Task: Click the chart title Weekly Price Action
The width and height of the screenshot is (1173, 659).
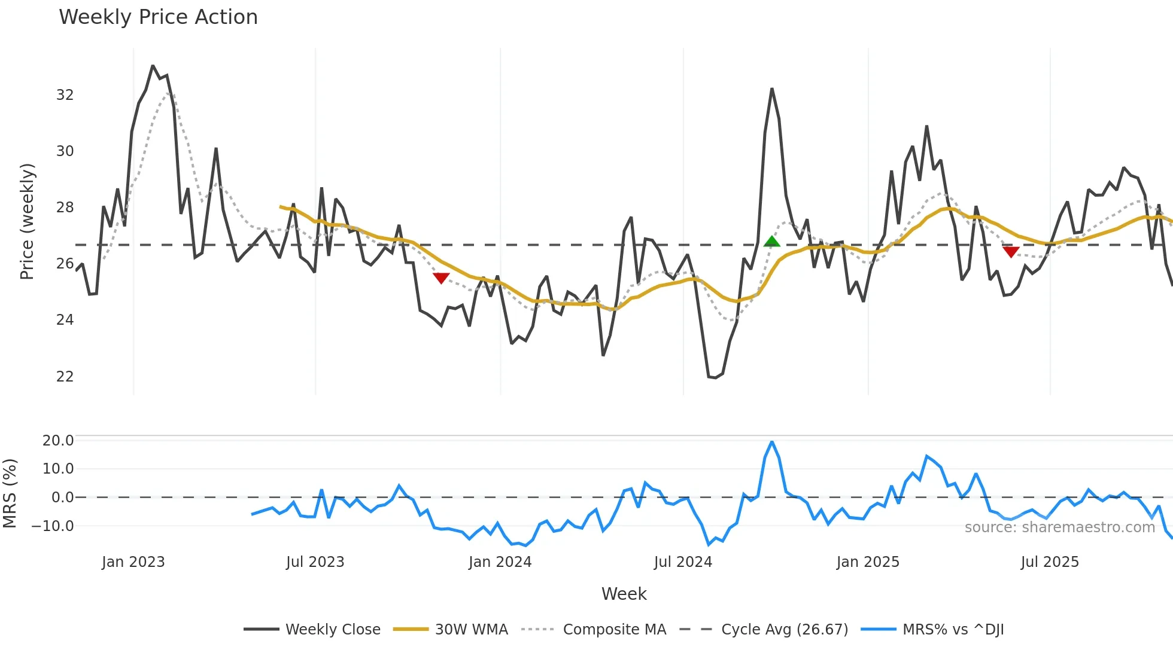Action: pyautogui.click(x=158, y=17)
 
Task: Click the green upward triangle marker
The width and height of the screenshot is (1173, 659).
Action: pyautogui.click(x=772, y=242)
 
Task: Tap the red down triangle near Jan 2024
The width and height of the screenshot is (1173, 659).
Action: pyautogui.click(x=441, y=278)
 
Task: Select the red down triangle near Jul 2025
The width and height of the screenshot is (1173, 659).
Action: pyautogui.click(x=1011, y=252)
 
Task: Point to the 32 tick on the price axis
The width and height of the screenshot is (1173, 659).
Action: pyautogui.click(x=65, y=95)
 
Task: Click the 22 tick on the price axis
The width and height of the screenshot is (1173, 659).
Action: pyautogui.click(x=65, y=377)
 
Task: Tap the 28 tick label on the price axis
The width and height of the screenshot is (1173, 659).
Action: pyautogui.click(x=65, y=208)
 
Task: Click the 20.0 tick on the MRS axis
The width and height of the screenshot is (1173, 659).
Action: pyautogui.click(x=58, y=441)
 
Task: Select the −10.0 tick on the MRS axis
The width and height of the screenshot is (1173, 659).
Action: pyautogui.click(x=53, y=526)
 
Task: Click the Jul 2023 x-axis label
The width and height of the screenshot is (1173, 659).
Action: pyautogui.click(x=315, y=562)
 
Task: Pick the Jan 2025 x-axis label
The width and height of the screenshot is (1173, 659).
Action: pyautogui.click(x=867, y=562)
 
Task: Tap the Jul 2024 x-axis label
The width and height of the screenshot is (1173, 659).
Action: pyautogui.click(x=683, y=562)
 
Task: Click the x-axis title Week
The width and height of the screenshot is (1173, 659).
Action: pyautogui.click(x=624, y=594)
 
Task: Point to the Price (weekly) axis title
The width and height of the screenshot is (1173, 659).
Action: pyautogui.click(x=27, y=221)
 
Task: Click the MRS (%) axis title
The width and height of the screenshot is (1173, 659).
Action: pyautogui.click(x=10, y=493)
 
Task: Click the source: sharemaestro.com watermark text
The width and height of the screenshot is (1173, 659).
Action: pyautogui.click(x=1059, y=527)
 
